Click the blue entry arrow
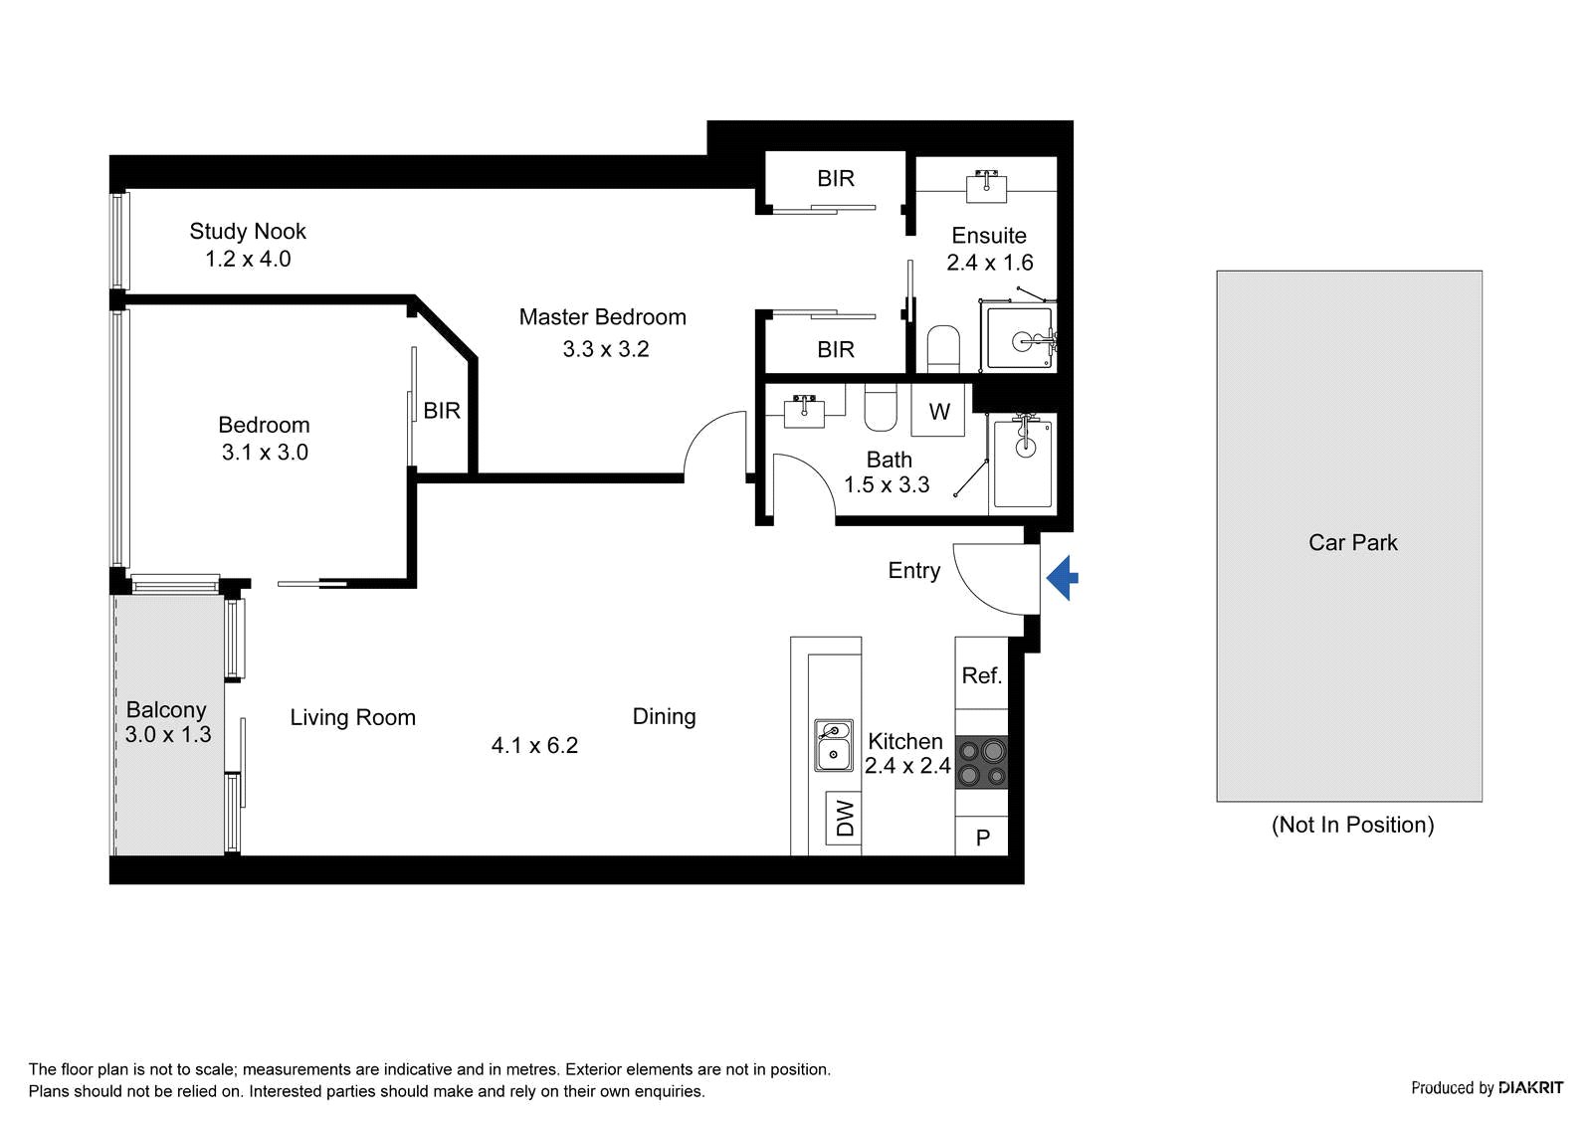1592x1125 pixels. [x=1062, y=578]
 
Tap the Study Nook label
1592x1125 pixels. [x=248, y=231]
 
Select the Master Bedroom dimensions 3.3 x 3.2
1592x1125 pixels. [x=606, y=349]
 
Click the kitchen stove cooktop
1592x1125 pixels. [x=981, y=762]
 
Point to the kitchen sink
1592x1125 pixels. [x=833, y=745]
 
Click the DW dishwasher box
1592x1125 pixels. [x=844, y=819]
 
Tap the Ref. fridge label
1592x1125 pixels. [x=981, y=675]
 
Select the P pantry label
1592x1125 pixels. [x=982, y=838]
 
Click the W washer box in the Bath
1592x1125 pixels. [x=938, y=410]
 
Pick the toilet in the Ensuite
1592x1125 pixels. [x=943, y=349]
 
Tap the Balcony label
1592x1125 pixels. [x=165, y=710]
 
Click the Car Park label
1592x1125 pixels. [x=1352, y=543]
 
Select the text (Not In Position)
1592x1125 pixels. [x=1352, y=825]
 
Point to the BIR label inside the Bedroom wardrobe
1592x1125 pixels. [x=442, y=411]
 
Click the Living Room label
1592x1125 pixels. [x=352, y=718]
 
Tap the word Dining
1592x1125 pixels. [x=664, y=716]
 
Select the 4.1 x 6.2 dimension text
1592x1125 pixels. [x=534, y=745]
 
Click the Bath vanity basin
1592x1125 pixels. [x=804, y=412]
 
